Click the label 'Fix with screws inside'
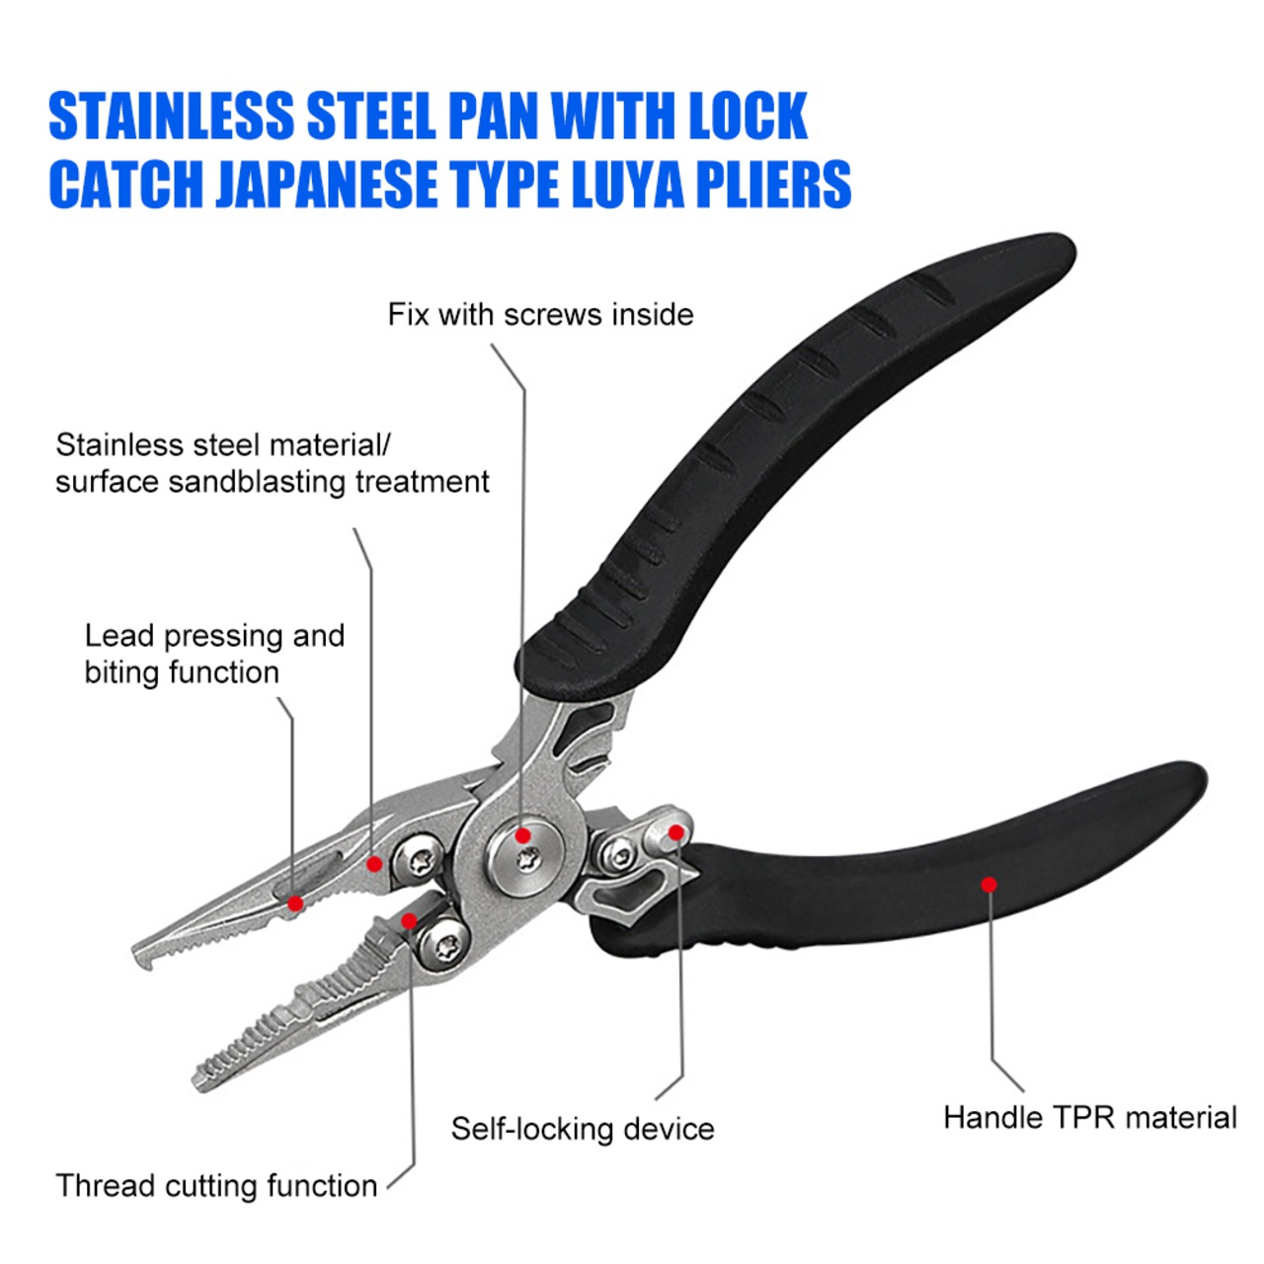pos(540,315)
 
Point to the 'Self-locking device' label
pos(583,1129)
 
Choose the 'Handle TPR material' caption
pos(1089,1118)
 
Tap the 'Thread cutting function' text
pos(216,1185)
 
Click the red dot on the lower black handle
pos(988,884)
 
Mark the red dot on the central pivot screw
pos(523,836)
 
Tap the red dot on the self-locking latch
pos(676,832)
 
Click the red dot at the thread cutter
pos(408,921)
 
